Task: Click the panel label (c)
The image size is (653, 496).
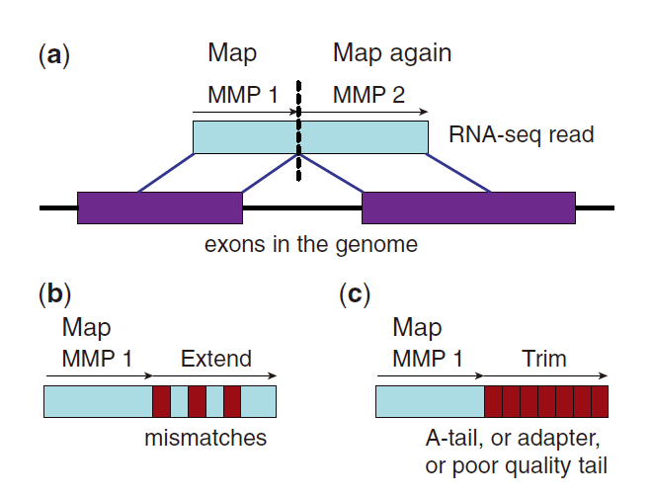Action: [x=356, y=293]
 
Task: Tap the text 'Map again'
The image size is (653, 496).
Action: [x=391, y=53]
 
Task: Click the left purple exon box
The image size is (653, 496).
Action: [x=159, y=208]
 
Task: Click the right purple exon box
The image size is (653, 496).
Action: [x=468, y=208]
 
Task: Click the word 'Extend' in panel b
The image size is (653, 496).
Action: [x=215, y=358]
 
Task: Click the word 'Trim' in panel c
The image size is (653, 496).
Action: [x=544, y=358]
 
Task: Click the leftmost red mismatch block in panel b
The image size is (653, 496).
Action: [x=161, y=401]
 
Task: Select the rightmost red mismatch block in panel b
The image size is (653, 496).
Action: [x=232, y=401]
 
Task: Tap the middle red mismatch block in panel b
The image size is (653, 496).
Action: [x=197, y=401]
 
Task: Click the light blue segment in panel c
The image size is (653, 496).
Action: [x=430, y=401]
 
